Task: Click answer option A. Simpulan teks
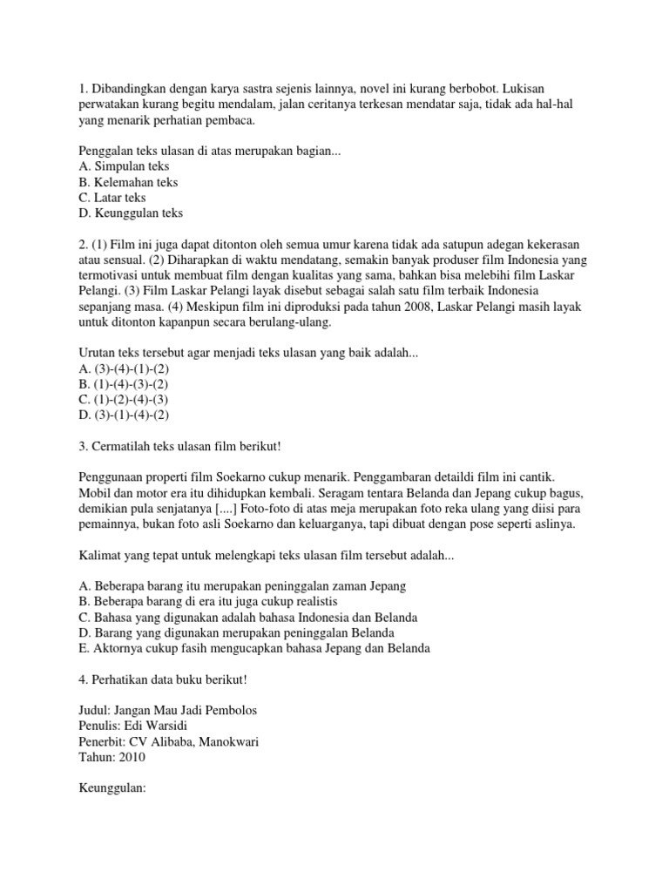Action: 124,166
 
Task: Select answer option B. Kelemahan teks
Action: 128,182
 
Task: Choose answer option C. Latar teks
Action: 112,198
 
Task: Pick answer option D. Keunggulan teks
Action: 131,213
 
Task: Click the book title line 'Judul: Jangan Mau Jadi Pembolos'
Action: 168,710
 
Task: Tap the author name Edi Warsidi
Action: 159,726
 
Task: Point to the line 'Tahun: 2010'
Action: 111,757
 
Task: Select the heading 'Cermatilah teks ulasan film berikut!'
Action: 179,447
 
